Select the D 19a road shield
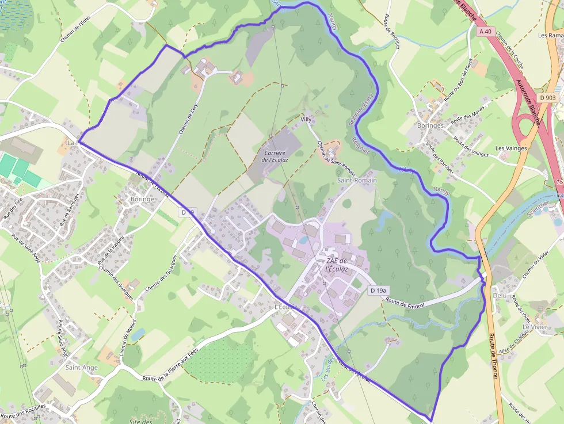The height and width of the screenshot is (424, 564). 378,291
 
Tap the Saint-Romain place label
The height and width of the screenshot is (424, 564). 357,180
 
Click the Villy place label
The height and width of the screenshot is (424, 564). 306,119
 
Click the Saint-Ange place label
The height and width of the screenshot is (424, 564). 81,367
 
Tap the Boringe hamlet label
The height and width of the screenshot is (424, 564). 142,199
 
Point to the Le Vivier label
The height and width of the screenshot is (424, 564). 535,326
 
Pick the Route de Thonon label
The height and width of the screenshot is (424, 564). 493,357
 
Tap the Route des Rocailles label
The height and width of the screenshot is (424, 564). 23,412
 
